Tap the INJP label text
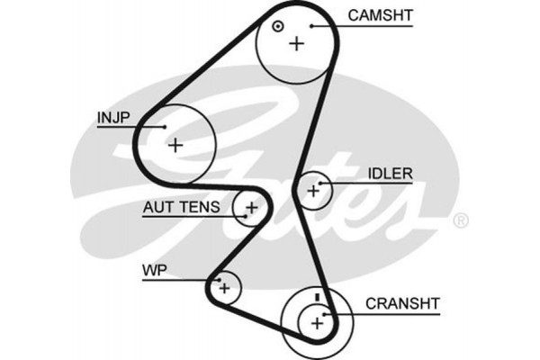point(112,116)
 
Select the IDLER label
point(390,174)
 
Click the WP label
point(153,270)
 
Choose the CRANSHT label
point(400,303)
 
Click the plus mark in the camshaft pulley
point(296,42)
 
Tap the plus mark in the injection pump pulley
point(175,143)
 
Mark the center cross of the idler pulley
point(313,190)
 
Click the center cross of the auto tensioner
point(251,209)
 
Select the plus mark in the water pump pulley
point(225,288)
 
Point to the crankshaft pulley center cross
point(316,321)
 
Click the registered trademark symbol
point(459,220)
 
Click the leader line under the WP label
point(175,280)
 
